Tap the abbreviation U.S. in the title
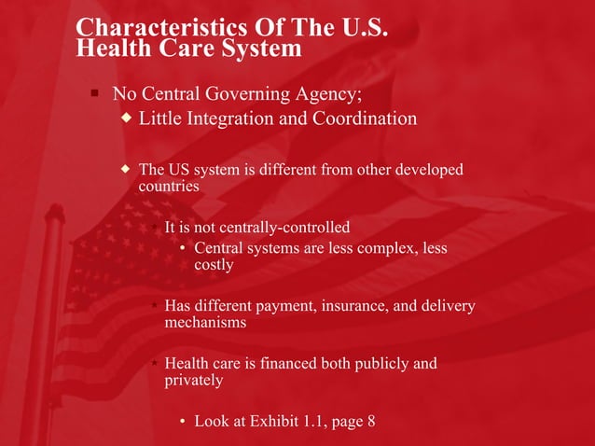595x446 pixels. pyautogui.click(x=359, y=26)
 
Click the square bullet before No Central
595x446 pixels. pyautogui.click(x=94, y=93)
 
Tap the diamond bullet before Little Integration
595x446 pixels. pyautogui.click(x=128, y=118)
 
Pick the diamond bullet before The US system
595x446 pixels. pyautogui.click(x=128, y=169)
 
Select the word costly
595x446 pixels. pyautogui.click(x=214, y=265)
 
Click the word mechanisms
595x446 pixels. pyautogui.click(x=205, y=323)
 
